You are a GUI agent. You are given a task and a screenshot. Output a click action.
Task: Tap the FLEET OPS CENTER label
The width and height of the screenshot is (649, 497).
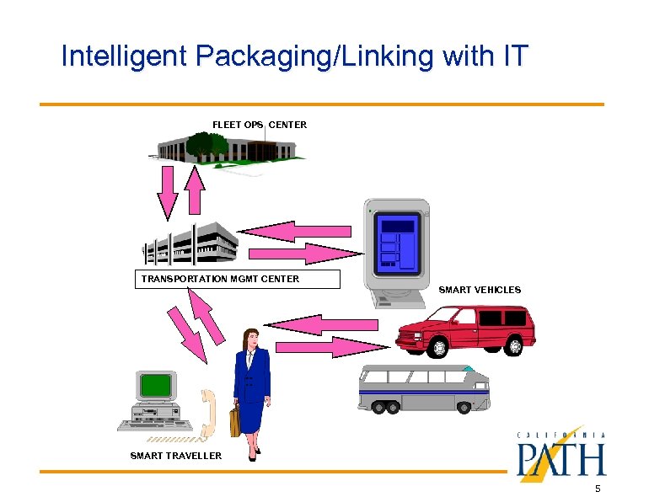click(x=260, y=125)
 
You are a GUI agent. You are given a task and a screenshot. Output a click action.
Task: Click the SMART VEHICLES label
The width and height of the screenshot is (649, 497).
click(x=480, y=290)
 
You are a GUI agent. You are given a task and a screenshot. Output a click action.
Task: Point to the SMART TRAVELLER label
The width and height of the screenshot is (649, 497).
click(x=176, y=456)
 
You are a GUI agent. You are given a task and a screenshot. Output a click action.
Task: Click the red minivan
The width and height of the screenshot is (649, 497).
click(x=464, y=330)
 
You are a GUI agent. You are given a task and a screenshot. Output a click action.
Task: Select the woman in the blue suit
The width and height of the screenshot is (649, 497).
click(x=251, y=387)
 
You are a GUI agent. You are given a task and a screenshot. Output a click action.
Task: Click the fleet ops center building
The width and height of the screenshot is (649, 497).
click(x=224, y=150)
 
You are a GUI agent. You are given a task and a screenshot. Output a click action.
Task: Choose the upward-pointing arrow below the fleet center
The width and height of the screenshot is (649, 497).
click(x=195, y=190)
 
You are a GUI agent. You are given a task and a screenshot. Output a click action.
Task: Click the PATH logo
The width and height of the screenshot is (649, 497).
click(x=560, y=459)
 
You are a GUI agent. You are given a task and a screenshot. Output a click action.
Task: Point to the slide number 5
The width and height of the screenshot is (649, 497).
click(x=597, y=489)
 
